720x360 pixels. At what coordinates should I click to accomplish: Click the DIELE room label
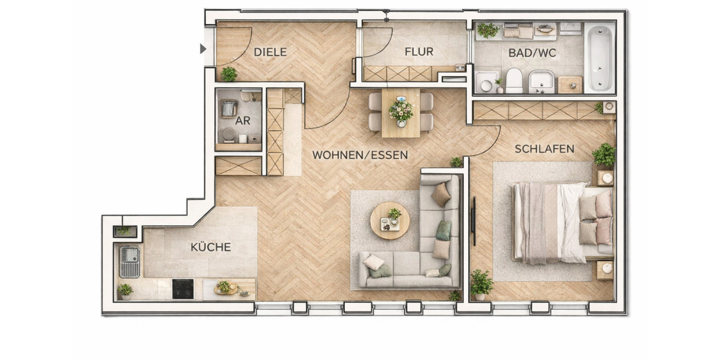pos(270,52)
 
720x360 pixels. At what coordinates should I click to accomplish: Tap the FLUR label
pos(418,52)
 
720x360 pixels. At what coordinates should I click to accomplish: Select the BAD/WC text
pos(532,53)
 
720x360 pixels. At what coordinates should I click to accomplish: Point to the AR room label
pos(242,121)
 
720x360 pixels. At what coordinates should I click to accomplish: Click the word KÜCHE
pos(211,247)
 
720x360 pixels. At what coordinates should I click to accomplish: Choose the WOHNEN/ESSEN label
pos(359,155)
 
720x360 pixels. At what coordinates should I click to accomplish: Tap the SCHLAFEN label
pos(544,149)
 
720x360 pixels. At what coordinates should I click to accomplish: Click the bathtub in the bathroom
pos(599,58)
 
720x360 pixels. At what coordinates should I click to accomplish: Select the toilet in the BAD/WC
pos(514,80)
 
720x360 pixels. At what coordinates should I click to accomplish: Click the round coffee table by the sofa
pos(390,220)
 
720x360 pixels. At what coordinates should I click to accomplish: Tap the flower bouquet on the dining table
pos(401,111)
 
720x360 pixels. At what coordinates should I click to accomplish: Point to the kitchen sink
pos(129,262)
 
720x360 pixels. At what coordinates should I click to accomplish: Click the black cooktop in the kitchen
pos(183,289)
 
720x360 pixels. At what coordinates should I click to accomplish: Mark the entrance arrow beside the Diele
pos(203,49)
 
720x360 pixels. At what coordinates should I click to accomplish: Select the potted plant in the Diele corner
pos(229,74)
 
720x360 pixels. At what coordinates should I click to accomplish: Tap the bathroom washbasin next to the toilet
pos(541,81)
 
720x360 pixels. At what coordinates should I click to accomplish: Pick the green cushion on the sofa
pos(443,229)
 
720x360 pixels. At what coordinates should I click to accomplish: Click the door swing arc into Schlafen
pos(491,144)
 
